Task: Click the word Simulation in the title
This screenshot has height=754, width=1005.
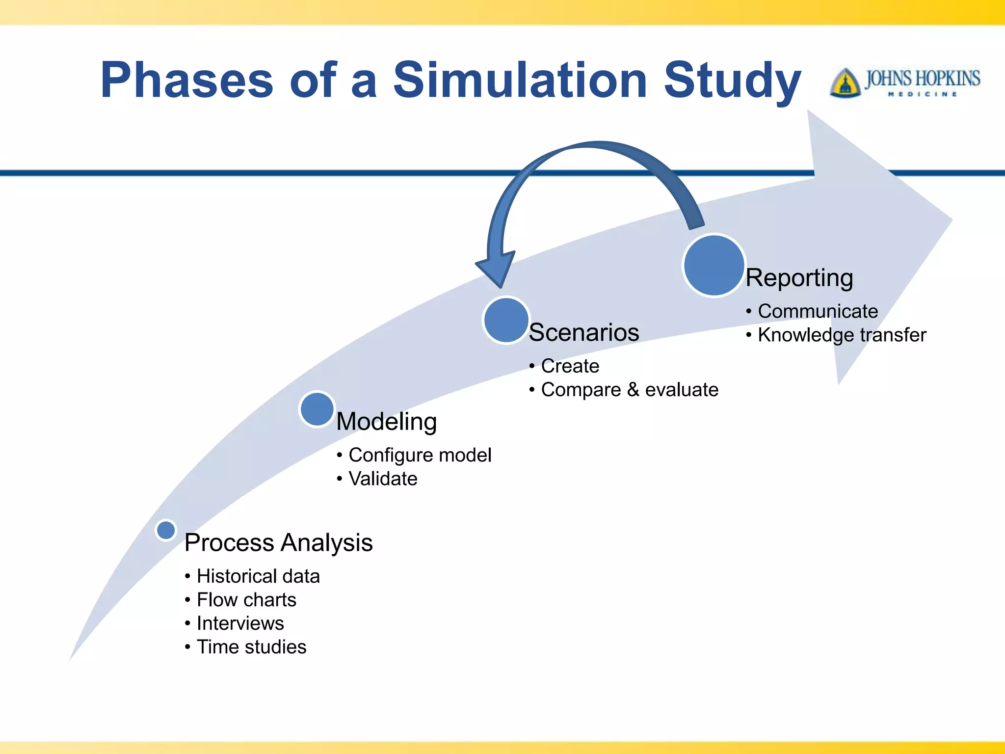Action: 520,80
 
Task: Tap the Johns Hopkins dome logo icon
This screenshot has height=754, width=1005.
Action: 845,82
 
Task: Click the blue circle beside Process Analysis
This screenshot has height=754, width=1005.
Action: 166,530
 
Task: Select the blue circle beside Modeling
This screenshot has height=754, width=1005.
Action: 317,409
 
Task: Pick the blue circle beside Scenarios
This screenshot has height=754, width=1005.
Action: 506,320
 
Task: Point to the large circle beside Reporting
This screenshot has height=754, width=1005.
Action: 714,266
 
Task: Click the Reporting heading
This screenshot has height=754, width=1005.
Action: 799,278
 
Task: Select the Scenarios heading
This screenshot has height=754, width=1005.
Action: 584,333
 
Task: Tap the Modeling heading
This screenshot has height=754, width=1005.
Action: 386,422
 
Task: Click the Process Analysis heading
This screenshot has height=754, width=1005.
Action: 278,543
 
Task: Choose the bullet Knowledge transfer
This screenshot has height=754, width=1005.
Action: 842,335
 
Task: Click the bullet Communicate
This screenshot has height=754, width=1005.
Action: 818,311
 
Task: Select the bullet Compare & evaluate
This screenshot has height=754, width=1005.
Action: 630,390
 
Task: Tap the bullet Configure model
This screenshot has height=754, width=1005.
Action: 420,455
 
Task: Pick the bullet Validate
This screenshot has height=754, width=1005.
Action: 383,479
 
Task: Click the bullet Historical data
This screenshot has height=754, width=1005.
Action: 258,576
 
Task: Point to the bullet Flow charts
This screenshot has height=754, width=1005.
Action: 246,600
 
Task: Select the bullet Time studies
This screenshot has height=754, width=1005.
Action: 251,647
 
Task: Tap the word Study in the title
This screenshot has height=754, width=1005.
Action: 732,80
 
